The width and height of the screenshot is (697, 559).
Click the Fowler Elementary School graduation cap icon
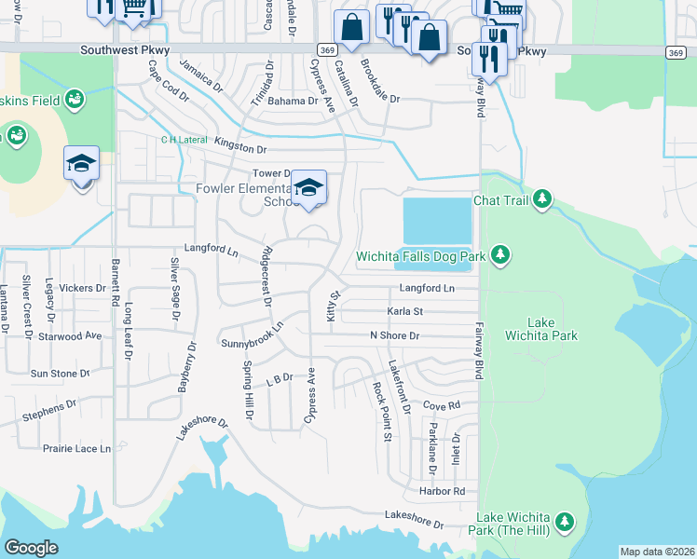308,188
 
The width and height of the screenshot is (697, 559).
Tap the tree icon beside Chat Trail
540,199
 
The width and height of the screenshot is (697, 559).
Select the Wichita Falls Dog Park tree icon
500,254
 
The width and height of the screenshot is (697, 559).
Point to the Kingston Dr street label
240,148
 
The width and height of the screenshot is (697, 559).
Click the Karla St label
405,311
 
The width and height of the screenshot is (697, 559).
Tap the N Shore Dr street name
394,335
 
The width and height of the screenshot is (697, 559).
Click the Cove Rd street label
442,405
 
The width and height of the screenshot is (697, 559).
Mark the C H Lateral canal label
183,140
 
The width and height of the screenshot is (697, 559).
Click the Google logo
31,548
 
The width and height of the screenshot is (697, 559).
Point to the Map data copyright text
656,552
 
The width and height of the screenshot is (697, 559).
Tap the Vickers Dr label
83,289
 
